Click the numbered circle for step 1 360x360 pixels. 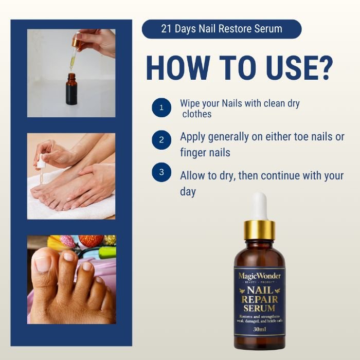pyautogui.click(x=161, y=107)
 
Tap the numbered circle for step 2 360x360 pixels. pyautogui.click(x=161, y=140)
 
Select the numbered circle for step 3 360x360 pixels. pyautogui.click(x=161, y=172)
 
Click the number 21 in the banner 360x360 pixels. pyautogui.click(x=166, y=29)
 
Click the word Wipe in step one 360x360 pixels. pyautogui.click(x=189, y=103)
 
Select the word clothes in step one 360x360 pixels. pyautogui.click(x=197, y=114)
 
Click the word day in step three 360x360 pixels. pyautogui.click(x=188, y=192)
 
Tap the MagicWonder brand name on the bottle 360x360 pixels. pyautogui.click(x=259, y=276)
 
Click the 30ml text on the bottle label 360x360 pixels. pyautogui.click(x=259, y=329)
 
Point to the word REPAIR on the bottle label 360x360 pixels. pyautogui.click(x=259, y=300)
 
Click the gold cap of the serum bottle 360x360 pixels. pyautogui.click(x=259, y=230)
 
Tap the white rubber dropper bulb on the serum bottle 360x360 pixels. pyautogui.click(x=259, y=206)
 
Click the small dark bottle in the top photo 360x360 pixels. pyautogui.click(x=71, y=89)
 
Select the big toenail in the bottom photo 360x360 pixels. pyautogui.click(x=43, y=264)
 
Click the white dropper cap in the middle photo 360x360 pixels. pyautogui.click(x=41, y=161)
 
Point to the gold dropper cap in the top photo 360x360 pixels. pyautogui.click(x=77, y=41)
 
